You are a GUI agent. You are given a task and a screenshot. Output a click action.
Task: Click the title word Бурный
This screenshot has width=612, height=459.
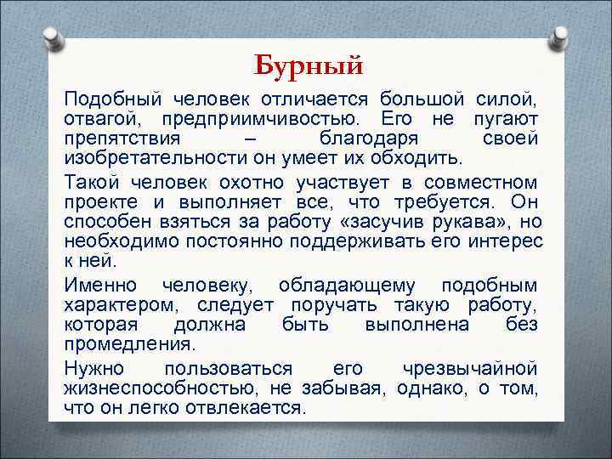309,64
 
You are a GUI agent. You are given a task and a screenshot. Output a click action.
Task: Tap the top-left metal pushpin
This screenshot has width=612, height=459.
53,38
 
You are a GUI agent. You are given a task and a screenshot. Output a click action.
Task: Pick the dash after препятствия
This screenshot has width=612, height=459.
247,139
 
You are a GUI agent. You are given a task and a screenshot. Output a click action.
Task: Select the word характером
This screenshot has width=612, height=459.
120,305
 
